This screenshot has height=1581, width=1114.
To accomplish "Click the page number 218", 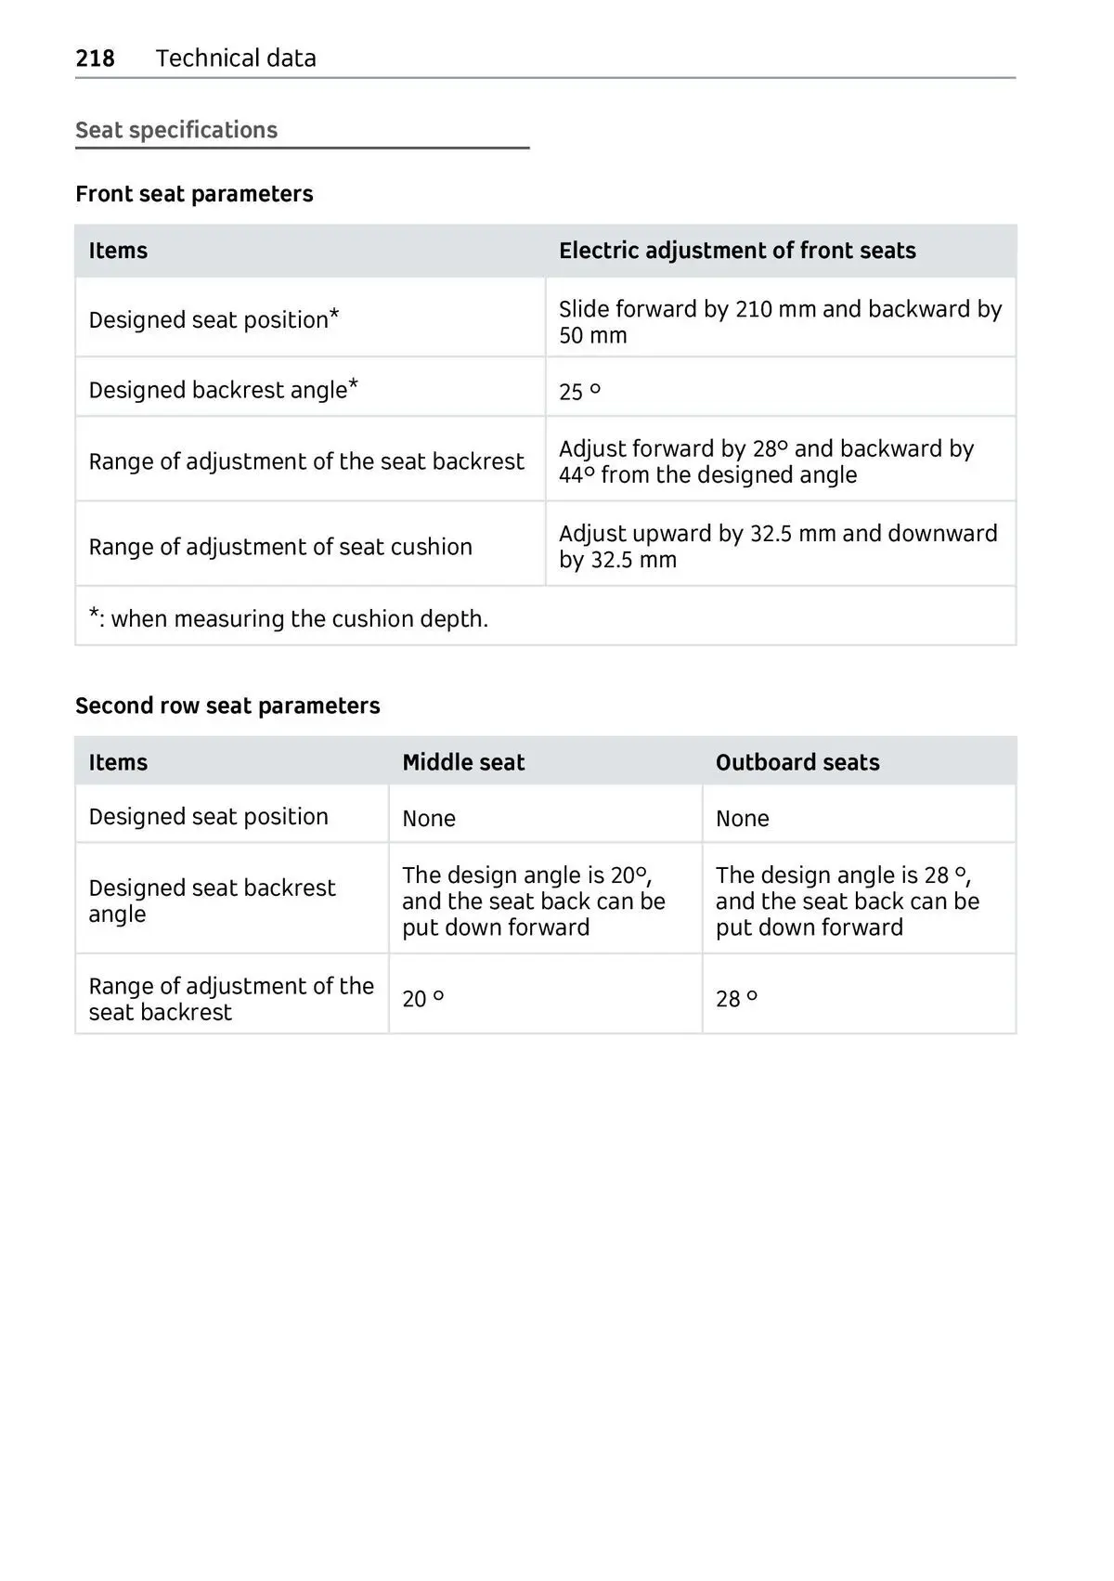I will tap(95, 58).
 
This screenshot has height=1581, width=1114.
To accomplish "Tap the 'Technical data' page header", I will tap(236, 58).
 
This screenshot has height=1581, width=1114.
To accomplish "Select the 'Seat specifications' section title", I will tap(176, 130).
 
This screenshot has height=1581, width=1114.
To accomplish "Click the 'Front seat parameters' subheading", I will tap(194, 194).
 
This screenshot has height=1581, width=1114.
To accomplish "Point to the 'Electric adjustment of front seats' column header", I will tap(737, 251).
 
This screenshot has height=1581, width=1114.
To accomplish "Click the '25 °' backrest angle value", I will tap(579, 392).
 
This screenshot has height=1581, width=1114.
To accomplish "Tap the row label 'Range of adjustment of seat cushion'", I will tap(280, 547).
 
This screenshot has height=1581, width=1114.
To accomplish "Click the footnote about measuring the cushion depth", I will tap(289, 618).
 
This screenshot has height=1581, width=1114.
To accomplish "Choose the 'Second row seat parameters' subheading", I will tap(227, 706).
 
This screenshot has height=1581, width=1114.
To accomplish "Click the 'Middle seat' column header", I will tap(463, 763).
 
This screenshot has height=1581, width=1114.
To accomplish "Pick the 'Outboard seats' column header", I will tap(797, 763).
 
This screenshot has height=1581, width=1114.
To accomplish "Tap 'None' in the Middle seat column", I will tap(429, 819).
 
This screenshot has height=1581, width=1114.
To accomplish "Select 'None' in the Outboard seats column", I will tap(743, 819).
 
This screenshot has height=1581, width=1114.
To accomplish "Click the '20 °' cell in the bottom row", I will tap(423, 999).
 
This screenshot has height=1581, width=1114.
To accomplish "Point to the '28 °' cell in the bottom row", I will tap(737, 999).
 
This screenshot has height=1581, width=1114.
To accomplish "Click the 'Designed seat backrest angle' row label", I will tap(212, 901).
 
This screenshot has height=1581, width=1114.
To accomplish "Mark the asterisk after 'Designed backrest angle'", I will tap(354, 383).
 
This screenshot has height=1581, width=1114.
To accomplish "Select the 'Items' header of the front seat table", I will tap(118, 251).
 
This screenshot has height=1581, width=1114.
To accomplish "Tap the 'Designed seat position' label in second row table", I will tap(209, 817).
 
